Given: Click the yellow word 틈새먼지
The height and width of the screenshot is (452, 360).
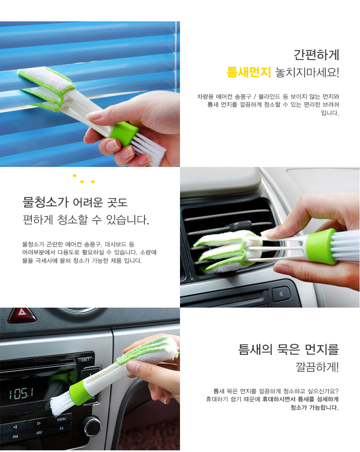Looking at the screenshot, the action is (x=249, y=72).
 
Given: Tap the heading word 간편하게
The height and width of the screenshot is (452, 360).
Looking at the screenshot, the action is (x=316, y=55).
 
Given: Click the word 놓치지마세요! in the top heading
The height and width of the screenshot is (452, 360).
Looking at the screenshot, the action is (x=307, y=72).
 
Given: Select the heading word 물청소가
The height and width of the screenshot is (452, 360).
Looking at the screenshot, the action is (x=46, y=202).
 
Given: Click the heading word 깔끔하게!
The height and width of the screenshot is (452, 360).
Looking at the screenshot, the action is (x=317, y=367).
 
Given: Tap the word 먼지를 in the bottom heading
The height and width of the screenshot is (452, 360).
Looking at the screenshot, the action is (x=321, y=349).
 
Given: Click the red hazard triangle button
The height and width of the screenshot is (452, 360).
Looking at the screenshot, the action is (x=22, y=315).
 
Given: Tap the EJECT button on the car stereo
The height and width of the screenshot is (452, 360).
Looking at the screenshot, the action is (x=85, y=360).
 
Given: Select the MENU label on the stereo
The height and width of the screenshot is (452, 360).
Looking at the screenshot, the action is (x=62, y=419).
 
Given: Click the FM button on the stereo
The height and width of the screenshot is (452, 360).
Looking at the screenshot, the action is (x=15, y=437).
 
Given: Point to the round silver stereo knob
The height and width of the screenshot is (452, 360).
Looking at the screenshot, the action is (x=93, y=426).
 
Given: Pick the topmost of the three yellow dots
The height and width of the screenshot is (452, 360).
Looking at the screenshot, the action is (x=75, y=175).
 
